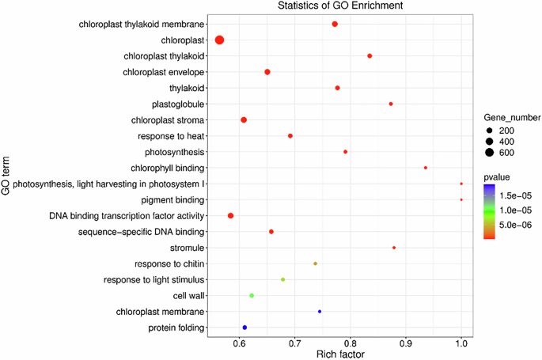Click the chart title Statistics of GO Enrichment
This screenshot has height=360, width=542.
pyautogui.click(x=335, y=6)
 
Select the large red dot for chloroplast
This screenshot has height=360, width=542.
pyautogui.click(x=220, y=40)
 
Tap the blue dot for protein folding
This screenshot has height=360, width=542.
pyautogui.click(x=244, y=328)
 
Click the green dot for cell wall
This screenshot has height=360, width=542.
pyautogui.click(x=252, y=295)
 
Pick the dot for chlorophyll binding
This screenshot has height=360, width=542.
pyautogui.click(x=426, y=168)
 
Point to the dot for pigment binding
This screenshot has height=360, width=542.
pyautogui.click(x=461, y=200)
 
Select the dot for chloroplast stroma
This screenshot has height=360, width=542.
pyautogui.click(x=244, y=120)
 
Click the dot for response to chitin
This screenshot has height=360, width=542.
pyautogui.click(x=316, y=263)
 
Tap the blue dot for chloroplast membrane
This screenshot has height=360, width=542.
pyautogui.click(x=320, y=312)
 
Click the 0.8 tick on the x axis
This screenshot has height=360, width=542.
pyautogui.click(x=351, y=343)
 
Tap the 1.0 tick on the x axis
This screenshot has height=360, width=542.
pyautogui.click(x=461, y=343)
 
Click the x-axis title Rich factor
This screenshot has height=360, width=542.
pyautogui.click(x=335, y=354)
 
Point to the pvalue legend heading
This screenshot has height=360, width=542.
pyautogui.click(x=498, y=178)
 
